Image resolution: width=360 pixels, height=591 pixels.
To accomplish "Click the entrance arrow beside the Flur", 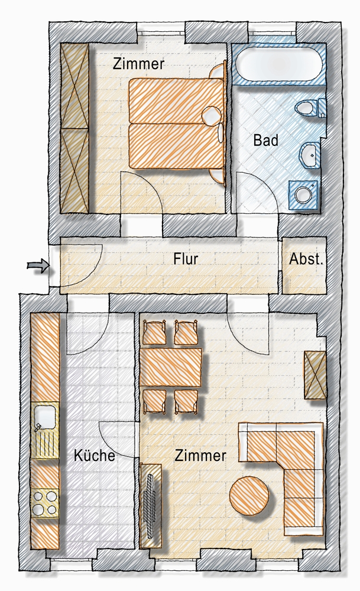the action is coord(38,266).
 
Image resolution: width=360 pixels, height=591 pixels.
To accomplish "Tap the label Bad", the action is coord(266,140).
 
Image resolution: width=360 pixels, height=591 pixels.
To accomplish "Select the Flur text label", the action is coord(186,259).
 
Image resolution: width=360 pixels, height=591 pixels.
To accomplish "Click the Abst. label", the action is coord(306,259).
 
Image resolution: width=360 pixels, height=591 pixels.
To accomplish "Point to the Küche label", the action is coord(94,455).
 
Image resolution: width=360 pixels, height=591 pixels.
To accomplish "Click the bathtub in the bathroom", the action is coord(279,64).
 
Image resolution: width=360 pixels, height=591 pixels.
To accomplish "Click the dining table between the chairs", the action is coord(170,367).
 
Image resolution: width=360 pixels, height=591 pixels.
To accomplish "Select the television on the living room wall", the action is coord(151,505).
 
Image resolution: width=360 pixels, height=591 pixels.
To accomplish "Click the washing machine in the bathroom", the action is coord(303,194).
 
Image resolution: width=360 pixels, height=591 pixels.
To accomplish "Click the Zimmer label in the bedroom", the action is coord(139,64).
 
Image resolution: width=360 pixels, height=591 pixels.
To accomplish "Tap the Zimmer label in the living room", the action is coord(200,455).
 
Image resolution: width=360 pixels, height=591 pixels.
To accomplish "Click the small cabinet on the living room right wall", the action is coord(315,375).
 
